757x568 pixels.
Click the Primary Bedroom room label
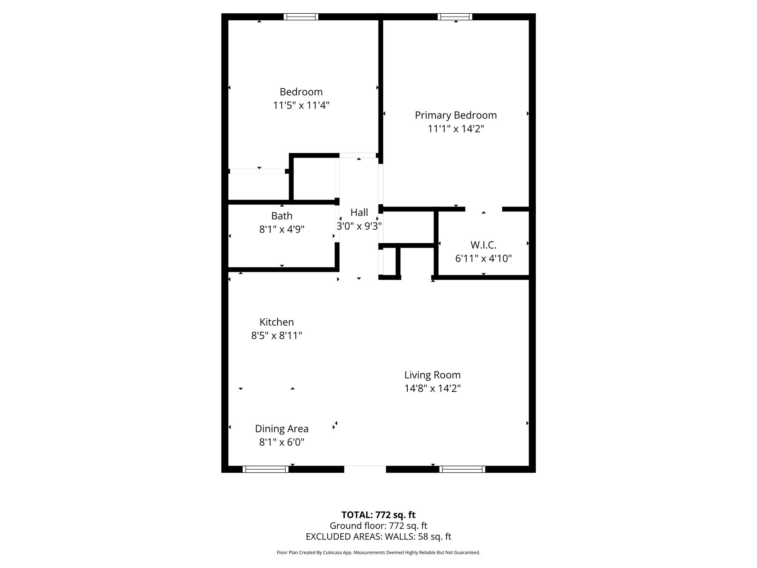(455, 115)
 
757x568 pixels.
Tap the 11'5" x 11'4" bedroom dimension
(301, 105)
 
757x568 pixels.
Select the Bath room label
(282, 216)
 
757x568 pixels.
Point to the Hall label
(359, 212)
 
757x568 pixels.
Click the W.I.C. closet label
(483, 245)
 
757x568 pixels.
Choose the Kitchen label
(276, 322)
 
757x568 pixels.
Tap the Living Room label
(432, 375)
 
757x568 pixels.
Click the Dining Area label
(282, 429)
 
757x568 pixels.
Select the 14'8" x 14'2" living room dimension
(432, 388)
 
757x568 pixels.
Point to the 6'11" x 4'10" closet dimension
(483, 258)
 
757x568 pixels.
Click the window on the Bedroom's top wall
(301, 17)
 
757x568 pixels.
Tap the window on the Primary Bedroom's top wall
(455, 17)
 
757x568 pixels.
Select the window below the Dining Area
(265, 469)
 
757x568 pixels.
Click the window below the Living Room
(462, 469)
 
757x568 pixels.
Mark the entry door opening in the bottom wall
(365, 469)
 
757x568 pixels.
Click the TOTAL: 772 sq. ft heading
(378, 515)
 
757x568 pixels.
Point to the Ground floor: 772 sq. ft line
(378, 525)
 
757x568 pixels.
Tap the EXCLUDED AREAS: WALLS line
(378, 537)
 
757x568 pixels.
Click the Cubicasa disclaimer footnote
(378, 552)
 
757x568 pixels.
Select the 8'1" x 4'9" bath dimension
(282, 229)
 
